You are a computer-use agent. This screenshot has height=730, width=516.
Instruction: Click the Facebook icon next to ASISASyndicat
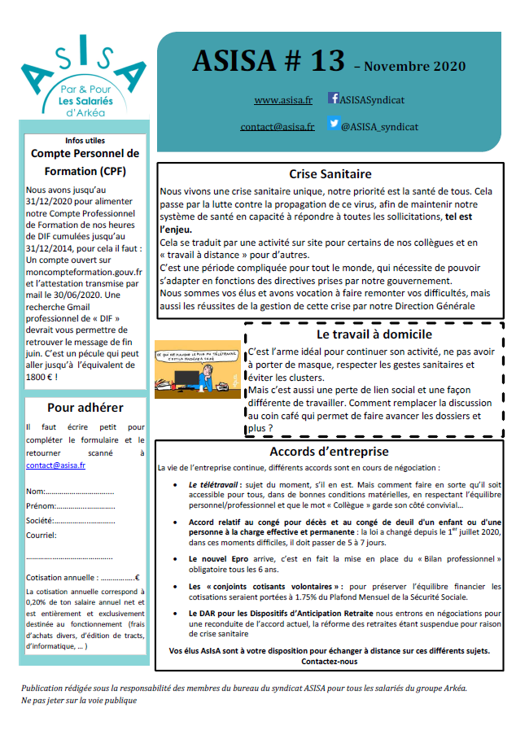pyautogui.click(x=334, y=98)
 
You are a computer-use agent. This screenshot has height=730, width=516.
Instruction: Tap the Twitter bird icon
pyautogui.click(x=334, y=125)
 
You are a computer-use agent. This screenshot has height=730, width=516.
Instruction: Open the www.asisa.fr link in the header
pyautogui.click(x=283, y=100)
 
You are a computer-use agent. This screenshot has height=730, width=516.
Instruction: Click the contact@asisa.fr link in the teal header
pyautogui.click(x=277, y=127)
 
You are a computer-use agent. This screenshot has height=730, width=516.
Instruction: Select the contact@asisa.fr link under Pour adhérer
pyautogui.click(x=55, y=466)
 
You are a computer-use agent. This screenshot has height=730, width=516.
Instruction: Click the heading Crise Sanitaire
pyautogui.click(x=330, y=173)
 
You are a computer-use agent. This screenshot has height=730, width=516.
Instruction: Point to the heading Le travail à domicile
pyautogui.click(x=374, y=334)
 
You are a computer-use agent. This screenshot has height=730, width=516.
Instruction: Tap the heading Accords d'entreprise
pyautogui.click(x=330, y=452)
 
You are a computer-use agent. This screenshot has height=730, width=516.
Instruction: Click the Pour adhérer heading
pyautogui.click(x=85, y=408)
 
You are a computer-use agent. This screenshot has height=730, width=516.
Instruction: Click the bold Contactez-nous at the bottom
pyautogui.click(x=329, y=662)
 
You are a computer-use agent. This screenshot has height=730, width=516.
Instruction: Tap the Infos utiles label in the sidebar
pyautogui.click(x=85, y=140)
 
